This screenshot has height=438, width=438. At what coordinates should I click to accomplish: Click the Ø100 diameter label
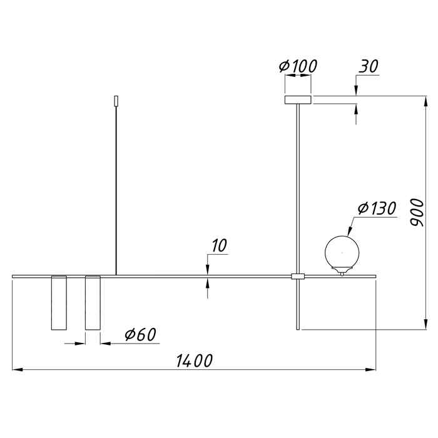tap(298, 66)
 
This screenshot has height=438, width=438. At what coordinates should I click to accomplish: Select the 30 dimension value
tap(369, 66)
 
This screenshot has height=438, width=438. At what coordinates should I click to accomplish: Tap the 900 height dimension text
tap(417, 212)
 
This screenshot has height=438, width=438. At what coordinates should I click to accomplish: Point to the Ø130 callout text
tap(377, 208)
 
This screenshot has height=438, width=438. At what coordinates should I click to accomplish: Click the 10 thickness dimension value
tap(219, 245)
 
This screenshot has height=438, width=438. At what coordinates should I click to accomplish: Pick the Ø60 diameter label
tap(140, 334)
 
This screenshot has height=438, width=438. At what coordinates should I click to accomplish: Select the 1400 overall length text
tap(195, 360)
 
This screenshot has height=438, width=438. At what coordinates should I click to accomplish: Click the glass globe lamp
tap(342, 253)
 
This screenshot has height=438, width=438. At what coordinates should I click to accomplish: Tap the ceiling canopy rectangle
tap(298, 99)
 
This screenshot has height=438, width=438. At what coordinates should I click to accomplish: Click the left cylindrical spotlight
tap(59, 303)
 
